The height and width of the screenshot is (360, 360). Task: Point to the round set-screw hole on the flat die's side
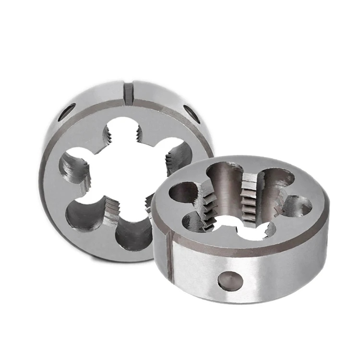pos(229,281)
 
